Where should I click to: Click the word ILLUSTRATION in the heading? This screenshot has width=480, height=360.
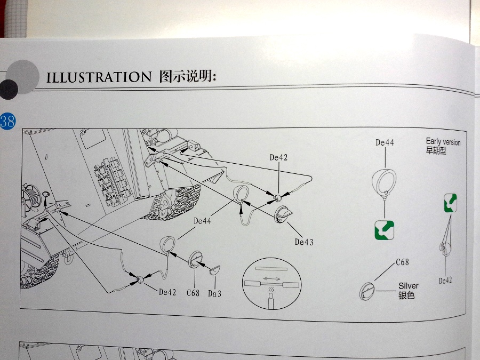click(x=99, y=77)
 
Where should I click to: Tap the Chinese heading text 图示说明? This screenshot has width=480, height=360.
click(x=187, y=76)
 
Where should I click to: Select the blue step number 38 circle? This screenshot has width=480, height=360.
click(x=7, y=121)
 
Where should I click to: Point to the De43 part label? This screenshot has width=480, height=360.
click(x=304, y=242)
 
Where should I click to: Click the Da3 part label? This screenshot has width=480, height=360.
click(x=214, y=294)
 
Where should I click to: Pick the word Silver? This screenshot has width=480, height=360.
click(x=409, y=286)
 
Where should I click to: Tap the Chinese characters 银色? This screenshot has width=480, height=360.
click(x=406, y=295)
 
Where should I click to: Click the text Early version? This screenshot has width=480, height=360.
click(x=443, y=142)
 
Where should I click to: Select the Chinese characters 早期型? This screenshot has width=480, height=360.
click(x=436, y=150)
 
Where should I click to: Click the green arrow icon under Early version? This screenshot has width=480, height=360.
click(x=450, y=203)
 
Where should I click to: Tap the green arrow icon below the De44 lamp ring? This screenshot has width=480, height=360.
click(x=384, y=230)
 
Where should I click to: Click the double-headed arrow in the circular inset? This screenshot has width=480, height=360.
click(x=271, y=278)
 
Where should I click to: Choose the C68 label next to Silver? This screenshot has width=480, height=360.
click(x=402, y=262)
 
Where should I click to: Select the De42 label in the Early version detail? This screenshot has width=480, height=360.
click(x=445, y=281)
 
